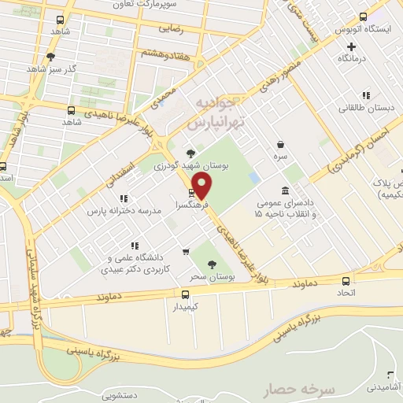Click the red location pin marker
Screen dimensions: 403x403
tap(203, 185)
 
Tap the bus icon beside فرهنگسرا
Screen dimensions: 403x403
tap(191, 193)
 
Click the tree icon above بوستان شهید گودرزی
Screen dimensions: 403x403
tap(190, 154)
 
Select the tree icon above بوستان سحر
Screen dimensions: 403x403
tap(210, 265)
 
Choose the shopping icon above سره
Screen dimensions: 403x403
tap(281, 145)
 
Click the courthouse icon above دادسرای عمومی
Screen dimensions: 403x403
tap(285, 190)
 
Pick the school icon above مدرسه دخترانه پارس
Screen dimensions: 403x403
tap(124, 199)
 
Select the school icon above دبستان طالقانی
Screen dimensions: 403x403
tap(347, 97)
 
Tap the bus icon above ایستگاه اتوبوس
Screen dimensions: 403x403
tap(363, 17)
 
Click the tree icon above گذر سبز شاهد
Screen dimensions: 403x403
tap(50, 57)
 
